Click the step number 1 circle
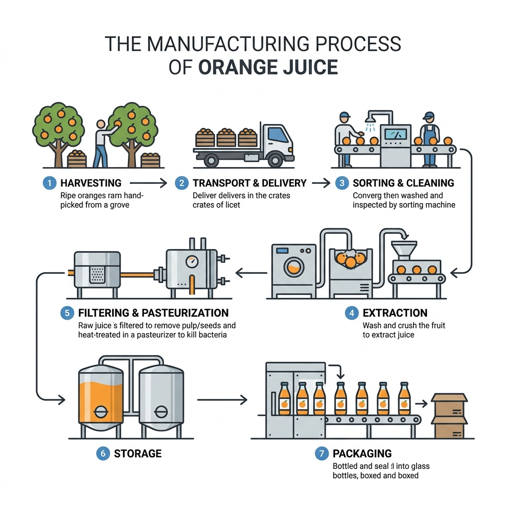pos(49,183)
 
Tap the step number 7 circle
pos(321,454)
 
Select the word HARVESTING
pos(91,183)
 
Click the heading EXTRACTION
pos(395,313)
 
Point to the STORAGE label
pos(138,454)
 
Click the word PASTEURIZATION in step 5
pos(185,313)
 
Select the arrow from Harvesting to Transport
pos(148,183)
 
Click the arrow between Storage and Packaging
pos(222,400)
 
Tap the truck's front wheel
pos(275,160)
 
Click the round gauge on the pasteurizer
pos(192,262)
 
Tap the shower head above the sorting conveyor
pos(370,120)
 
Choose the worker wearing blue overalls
pos(429,139)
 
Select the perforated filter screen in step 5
pos(97,275)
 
